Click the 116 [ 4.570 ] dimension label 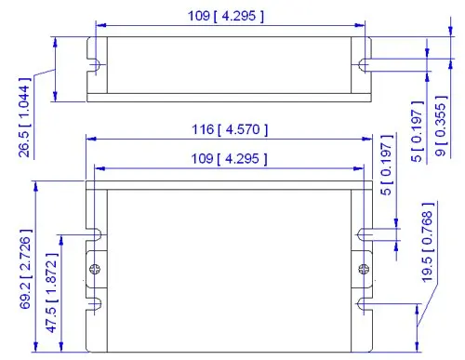[x=230, y=129]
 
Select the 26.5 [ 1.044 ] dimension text [x=24, y=117]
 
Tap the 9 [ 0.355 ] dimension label [x=442, y=126]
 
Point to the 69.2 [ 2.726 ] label [x=26, y=269]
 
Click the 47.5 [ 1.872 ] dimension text [x=52, y=293]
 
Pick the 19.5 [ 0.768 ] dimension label [x=428, y=242]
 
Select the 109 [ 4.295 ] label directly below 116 [x=229, y=159]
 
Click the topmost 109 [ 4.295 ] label [x=226, y=16]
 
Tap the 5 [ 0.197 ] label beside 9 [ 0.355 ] [x=418, y=131]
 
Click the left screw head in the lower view [x=95, y=269]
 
